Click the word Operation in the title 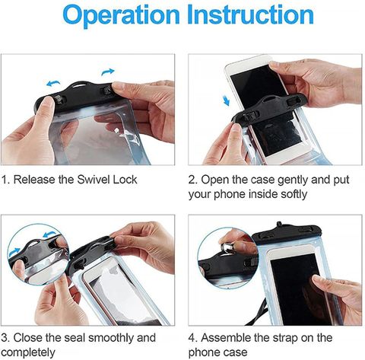point(122,16)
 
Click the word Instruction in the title point(250,14)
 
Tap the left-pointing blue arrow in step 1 point(53,83)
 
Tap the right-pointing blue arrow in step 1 point(108,72)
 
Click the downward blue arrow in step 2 point(227,100)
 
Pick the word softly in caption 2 point(294,195)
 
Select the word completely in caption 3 point(28,352)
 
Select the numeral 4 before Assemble point(192,338)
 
